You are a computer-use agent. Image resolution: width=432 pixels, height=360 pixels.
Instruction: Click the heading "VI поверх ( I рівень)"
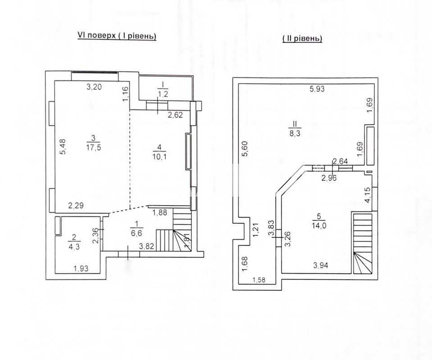click(117, 36)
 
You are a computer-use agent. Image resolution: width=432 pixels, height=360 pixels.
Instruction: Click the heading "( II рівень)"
click(302, 39)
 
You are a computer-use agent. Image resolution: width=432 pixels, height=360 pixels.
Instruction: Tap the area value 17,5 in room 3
click(93, 148)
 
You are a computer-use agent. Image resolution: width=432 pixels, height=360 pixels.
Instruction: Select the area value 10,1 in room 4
click(159, 157)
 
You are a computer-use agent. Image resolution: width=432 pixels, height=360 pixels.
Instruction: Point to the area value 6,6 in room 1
click(137, 233)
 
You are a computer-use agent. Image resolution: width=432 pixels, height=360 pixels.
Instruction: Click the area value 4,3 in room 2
click(74, 246)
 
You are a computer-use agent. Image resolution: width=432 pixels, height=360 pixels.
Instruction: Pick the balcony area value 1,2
click(163, 94)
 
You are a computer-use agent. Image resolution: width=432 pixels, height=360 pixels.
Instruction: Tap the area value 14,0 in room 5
click(319, 226)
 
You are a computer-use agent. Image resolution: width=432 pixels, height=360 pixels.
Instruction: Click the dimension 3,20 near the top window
click(94, 87)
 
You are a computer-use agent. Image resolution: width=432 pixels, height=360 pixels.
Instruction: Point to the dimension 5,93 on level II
click(317, 89)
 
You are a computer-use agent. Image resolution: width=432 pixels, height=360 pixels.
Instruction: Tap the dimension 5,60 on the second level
click(245, 148)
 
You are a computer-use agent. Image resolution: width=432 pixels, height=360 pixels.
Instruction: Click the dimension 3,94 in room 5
click(321, 265)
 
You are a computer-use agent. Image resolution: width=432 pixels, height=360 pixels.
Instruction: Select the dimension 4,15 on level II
click(368, 195)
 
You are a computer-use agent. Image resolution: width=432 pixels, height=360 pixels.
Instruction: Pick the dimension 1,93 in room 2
click(81, 268)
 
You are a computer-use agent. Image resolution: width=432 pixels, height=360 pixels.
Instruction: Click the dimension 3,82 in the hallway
click(146, 246)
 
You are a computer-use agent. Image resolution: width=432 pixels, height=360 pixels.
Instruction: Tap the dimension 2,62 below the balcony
click(175, 115)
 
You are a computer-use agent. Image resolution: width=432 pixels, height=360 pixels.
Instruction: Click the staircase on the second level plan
click(363, 243)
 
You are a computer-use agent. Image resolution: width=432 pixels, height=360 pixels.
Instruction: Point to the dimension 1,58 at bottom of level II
click(259, 280)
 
